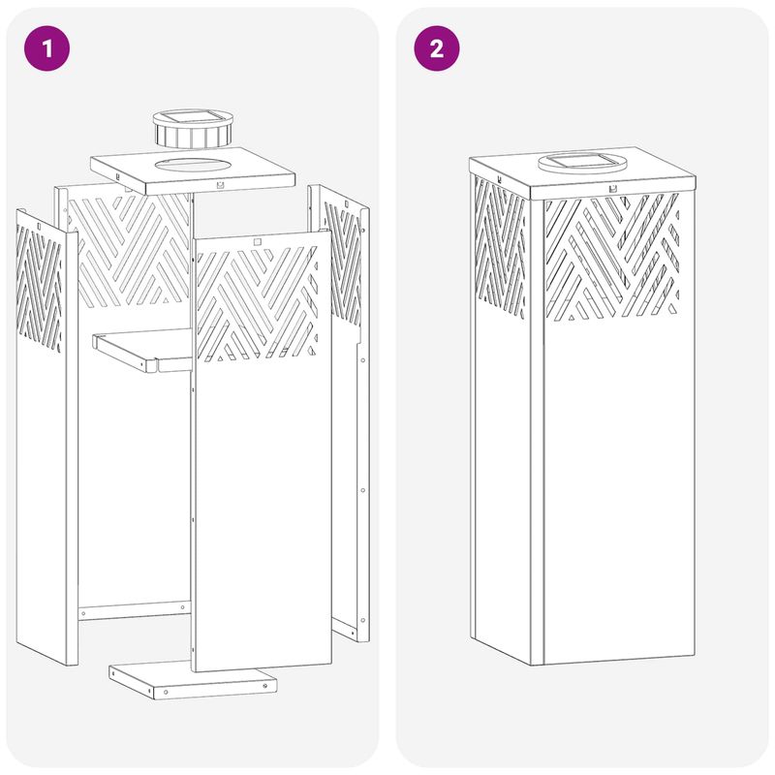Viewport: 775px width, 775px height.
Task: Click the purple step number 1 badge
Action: pyautogui.click(x=46, y=48)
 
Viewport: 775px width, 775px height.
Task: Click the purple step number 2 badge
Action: pyautogui.click(x=437, y=48)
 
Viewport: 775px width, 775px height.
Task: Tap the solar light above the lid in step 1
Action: pyautogui.click(x=193, y=129)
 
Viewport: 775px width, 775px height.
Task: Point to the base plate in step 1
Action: pyautogui.click(x=193, y=680)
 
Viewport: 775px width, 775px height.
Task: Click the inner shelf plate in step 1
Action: pyautogui.click(x=142, y=351)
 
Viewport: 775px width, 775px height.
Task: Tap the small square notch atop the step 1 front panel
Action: pyautogui.click(x=257, y=241)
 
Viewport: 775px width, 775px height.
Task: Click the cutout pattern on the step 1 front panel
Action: pyautogui.click(x=257, y=304)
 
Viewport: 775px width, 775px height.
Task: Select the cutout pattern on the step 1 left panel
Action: pyautogui.click(x=39, y=288)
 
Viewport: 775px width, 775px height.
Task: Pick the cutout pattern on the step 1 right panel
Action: pyautogui.click(x=343, y=263)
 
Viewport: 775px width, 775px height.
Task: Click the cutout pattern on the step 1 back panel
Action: pyautogui.click(x=129, y=250)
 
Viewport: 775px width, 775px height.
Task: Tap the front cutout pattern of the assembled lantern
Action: pyautogui.click(x=611, y=256)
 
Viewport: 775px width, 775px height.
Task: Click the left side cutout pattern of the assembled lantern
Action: pyautogui.click(x=500, y=247)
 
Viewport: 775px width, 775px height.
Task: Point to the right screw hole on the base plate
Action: pyautogui.click(x=265, y=686)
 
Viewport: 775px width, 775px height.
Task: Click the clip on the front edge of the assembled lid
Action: pyautogui.click(x=613, y=188)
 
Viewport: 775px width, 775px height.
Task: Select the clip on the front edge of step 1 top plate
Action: pyautogui.click(x=220, y=185)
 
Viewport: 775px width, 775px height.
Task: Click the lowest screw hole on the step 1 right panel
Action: pyautogui.click(x=362, y=620)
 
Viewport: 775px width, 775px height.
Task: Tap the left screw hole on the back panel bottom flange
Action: pyautogui.click(x=83, y=613)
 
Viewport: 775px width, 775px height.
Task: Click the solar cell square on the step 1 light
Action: pyautogui.click(x=193, y=117)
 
